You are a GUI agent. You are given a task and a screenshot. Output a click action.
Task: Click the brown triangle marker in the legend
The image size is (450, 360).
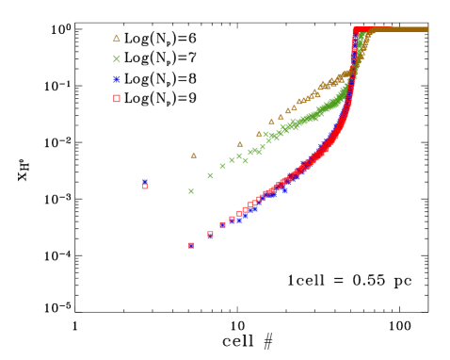(117, 39)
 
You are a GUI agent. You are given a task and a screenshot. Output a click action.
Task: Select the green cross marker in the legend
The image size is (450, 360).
(117, 58)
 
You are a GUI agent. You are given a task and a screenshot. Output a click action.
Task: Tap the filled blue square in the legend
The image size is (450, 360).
(117, 79)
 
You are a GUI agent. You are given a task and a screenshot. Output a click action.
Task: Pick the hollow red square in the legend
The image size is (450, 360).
(117, 98)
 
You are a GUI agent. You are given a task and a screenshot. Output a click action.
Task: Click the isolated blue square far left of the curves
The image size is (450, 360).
(145, 182)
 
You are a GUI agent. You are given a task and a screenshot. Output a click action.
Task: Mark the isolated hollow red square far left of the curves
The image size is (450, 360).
(145, 187)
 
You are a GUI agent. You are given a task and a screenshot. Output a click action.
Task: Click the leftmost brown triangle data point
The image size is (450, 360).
(194, 155)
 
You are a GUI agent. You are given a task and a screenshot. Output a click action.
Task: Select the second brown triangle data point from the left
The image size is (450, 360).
(240, 144)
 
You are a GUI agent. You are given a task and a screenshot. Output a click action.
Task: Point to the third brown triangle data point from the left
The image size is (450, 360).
(259, 134)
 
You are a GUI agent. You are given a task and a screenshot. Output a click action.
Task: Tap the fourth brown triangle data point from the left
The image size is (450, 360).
(271, 122)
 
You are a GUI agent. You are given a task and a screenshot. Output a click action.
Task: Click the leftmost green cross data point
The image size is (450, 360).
(191, 191)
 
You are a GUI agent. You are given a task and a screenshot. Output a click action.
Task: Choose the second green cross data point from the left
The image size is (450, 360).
(210, 175)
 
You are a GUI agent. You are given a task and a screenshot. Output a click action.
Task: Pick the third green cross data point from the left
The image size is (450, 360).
(222, 166)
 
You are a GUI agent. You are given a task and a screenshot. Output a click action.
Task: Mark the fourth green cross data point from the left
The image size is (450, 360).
(232, 160)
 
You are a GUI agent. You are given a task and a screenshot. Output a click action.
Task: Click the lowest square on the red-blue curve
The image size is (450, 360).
(191, 245)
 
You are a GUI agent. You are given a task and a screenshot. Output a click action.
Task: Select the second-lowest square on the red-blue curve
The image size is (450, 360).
(210, 235)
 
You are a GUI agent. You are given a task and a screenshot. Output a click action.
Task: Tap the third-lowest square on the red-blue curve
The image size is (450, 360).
(222, 225)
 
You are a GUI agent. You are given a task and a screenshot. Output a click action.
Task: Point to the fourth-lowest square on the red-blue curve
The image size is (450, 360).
(232, 220)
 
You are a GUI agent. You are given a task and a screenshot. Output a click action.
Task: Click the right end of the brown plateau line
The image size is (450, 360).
(426, 29)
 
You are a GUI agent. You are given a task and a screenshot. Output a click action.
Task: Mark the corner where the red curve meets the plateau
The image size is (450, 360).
(356, 30)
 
